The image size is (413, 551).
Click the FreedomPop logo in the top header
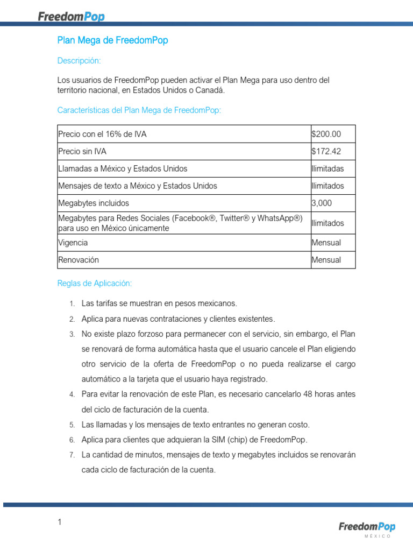[71, 16]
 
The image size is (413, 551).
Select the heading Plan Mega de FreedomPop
[112, 40]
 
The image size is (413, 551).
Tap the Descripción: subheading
[79, 61]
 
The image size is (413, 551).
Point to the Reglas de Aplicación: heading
[94, 283]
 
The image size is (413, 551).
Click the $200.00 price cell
[326, 134]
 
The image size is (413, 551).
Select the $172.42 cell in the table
[326, 152]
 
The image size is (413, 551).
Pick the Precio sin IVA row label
[82, 152]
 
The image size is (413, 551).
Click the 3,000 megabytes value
[322, 203]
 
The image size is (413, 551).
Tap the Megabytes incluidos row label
[94, 203]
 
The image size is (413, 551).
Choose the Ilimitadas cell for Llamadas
[327, 169]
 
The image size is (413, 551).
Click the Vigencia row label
[73, 243]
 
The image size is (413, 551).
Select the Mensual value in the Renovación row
[326, 260]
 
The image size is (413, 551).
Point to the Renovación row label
[79, 260]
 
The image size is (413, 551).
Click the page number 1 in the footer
[60, 522]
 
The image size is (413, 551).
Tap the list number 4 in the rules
[72, 395]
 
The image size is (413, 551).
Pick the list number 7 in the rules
[72, 455]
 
